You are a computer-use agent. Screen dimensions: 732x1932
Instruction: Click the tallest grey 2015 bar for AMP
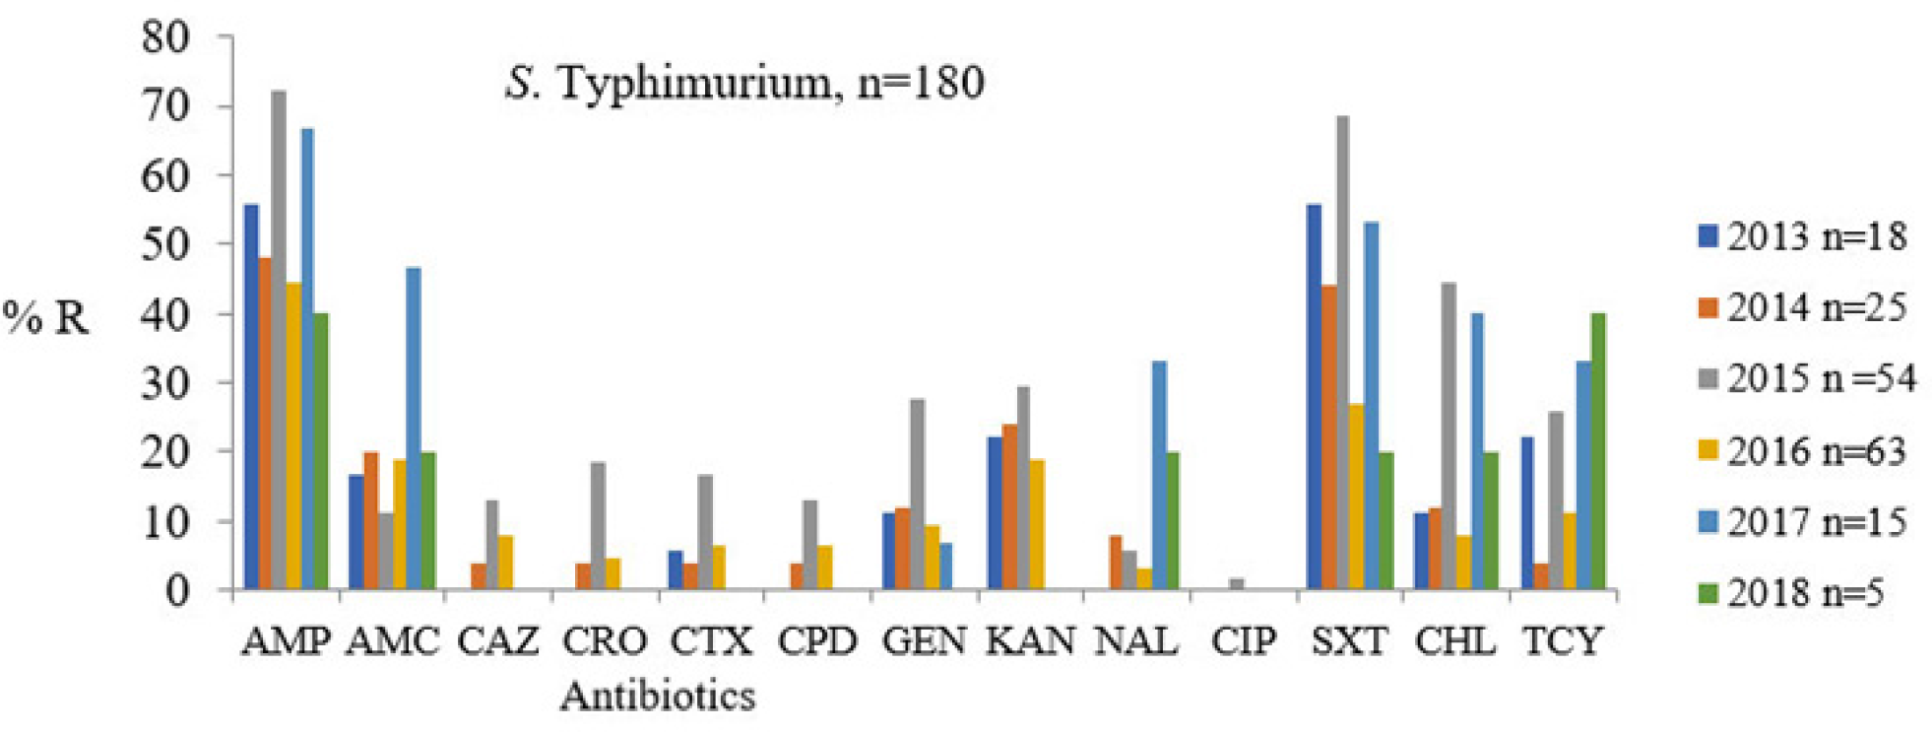click(279, 340)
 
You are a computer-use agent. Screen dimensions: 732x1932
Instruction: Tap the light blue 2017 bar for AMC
click(414, 429)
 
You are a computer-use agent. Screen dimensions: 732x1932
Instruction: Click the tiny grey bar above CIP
click(1237, 584)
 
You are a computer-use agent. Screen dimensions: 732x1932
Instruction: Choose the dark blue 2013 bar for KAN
click(996, 512)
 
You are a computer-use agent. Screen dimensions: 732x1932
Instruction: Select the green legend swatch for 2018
click(1707, 593)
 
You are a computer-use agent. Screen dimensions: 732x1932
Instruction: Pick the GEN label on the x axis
click(924, 642)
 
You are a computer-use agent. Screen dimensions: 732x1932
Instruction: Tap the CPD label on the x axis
click(817, 642)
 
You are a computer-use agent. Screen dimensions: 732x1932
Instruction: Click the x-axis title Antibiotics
click(658, 697)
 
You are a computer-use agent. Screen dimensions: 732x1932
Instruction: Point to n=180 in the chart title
click(921, 83)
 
